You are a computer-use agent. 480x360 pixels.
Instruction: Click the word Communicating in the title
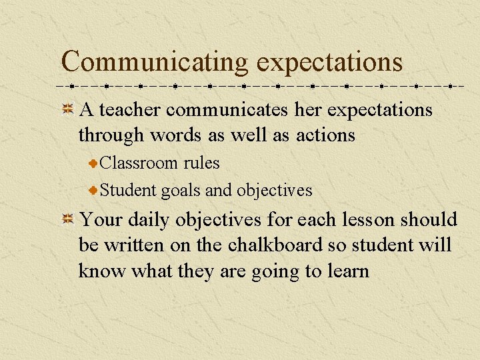pyautogui.click(x=154, y=61)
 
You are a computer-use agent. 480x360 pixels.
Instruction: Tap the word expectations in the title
pyautogui.click(x=330, y=61)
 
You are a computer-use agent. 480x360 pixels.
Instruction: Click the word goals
pyautogui.click(x=181, y=191)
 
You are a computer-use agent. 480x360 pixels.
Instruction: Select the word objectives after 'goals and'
pyautogui.click(x=273, y=191)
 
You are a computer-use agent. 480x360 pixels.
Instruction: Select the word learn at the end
pyautogui.click(x=347, y=271)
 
